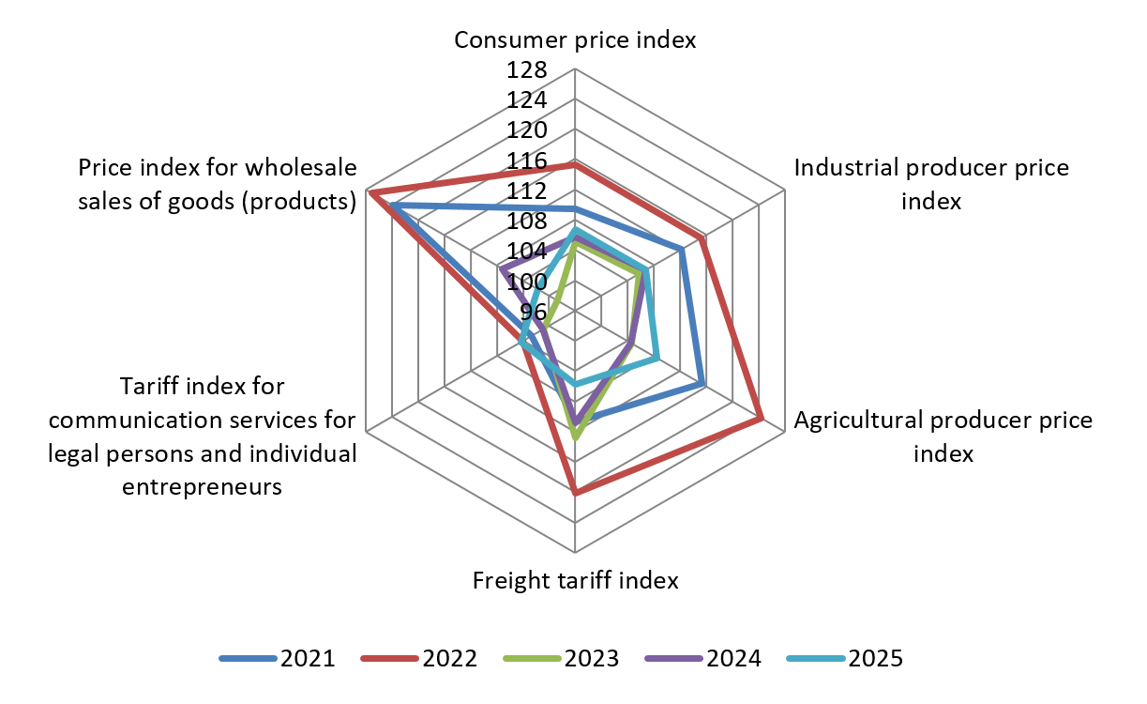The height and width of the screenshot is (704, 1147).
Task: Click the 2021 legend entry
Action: point(279,658)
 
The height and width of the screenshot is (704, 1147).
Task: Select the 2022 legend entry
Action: point(421,658)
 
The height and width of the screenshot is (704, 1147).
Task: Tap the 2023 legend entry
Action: point(564,658)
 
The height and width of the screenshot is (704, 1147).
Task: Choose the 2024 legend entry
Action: point(706,658)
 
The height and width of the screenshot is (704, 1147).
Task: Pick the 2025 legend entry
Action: point(849,658)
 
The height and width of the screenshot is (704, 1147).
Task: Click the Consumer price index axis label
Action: point(575,40)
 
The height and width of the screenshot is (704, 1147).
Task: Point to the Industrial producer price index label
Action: point(931,185)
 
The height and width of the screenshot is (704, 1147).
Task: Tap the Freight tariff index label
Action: point(575,580)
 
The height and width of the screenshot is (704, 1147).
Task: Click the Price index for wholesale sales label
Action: point(218,185)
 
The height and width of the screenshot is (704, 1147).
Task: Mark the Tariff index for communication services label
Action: point(203,436)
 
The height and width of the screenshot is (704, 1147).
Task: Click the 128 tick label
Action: point(527,71)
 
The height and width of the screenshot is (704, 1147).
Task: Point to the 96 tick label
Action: point(533,312)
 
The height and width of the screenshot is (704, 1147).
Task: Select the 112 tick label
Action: point(527,191)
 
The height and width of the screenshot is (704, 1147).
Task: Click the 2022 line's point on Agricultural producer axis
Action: point(761,419)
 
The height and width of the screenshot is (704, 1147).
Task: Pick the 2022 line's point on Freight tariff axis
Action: point(575,493)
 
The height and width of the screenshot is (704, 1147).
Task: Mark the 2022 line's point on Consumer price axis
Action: point(575,164)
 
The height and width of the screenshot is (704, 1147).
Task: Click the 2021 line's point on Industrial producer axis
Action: point(682,249)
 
